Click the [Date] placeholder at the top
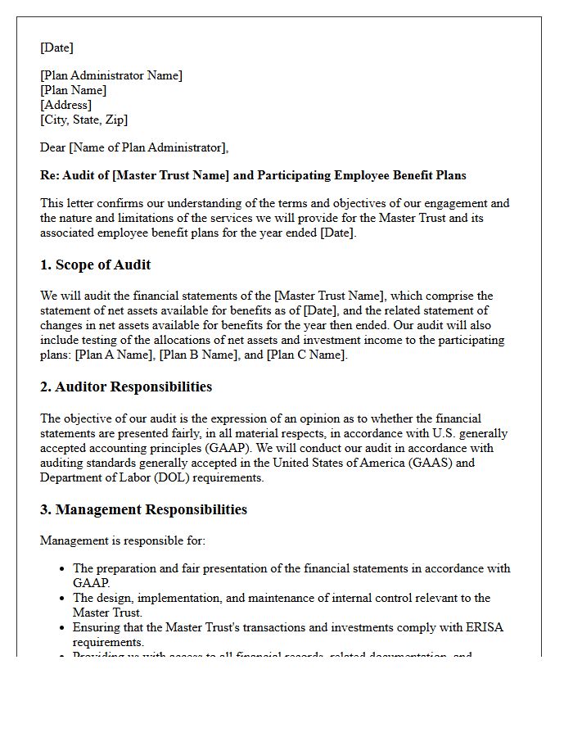[x=56, y=47]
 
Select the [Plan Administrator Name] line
[x=111, y=75]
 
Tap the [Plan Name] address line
[x=74, y=90]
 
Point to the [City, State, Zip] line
[x=84, y=120]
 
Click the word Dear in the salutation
[x=53, y=147]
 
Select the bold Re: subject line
[x=253, y=175]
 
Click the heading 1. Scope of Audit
[x=96, y=265]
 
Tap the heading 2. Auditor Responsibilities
[x=126, y=387]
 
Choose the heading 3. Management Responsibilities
[x=144, y=509]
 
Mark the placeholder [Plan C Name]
[x=306, y=355]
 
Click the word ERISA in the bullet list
[x=485, y=627]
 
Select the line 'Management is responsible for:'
[x=123, y=540]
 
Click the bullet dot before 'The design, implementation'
[x=63, y=598]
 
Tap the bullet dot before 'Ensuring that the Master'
[x=63, y=627]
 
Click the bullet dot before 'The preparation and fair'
[x=63, y=568]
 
